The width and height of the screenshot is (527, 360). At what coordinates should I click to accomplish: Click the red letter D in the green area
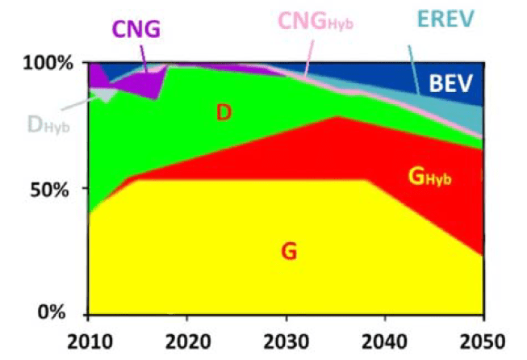pyautogui.click(x=224, y=113)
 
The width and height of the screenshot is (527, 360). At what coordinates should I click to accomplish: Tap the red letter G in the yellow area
pyautogui.click(x=288, y=252)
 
